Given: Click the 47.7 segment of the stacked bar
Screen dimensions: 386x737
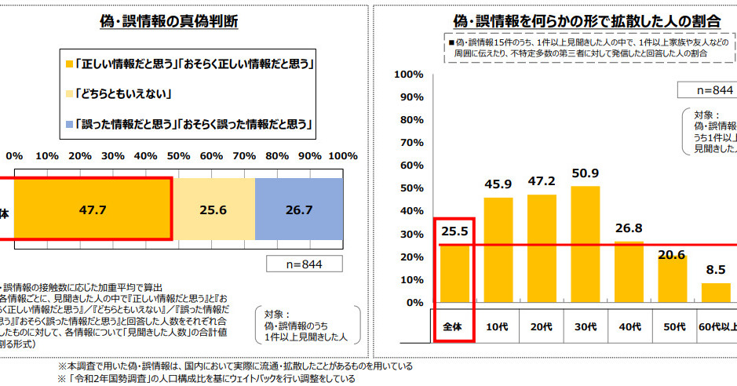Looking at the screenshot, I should [92, 209].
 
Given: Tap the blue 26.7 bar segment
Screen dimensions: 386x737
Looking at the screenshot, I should [299, 209].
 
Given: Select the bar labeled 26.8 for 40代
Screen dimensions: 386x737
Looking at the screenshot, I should [628, 271].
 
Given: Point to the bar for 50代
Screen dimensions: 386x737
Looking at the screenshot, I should [671, 279].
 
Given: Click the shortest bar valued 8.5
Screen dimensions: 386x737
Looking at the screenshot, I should [714, 293].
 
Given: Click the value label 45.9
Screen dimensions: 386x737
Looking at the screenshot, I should [499, 184].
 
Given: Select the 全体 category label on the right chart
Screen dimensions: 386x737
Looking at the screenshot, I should [454, 325].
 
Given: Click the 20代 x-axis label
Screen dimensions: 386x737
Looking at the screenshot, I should [542, 325].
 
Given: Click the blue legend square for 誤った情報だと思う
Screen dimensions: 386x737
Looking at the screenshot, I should [70, 124].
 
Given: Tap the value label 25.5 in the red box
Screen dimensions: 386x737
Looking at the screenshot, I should [454, 230].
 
